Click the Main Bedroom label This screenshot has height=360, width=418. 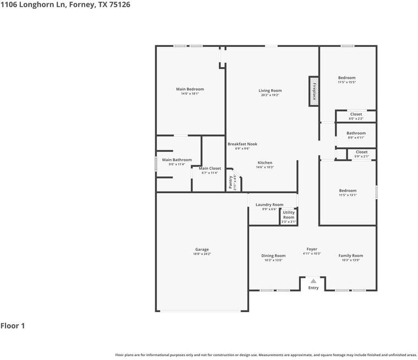pyautogui.click(x=190, y=89)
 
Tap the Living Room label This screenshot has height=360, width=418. pyautogui.click(x=270, y=91)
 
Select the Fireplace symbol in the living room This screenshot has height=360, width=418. pyautogui.click(x=314, y=90)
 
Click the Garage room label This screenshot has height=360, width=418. pyautogui.click(x=202, y=249)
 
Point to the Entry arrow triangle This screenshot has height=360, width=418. pyautogui.click(x=313, y=281)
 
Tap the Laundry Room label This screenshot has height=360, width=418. pyautogui.click(x=269, y=205)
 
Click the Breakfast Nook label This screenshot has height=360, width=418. pyautogui.click(x=243, y=144)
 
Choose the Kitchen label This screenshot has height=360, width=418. pyautogui.click(x=265, y=163)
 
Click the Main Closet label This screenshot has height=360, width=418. pyautogui.click(x=210, y=168)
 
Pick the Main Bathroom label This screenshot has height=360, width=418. pyautogui.click(x=177, y=160)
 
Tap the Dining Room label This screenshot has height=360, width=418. pyautogui.click(x=273, y=255)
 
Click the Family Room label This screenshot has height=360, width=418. pyautogui.click(x=350, y=255)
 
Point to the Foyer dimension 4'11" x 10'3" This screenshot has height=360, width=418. pyautogui.click(x=312, y=254)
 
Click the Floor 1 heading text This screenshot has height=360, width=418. pyautogui.click(x=13, y=326)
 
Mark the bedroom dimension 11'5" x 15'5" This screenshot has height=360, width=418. pyautogui.click(x=346, y=83)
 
